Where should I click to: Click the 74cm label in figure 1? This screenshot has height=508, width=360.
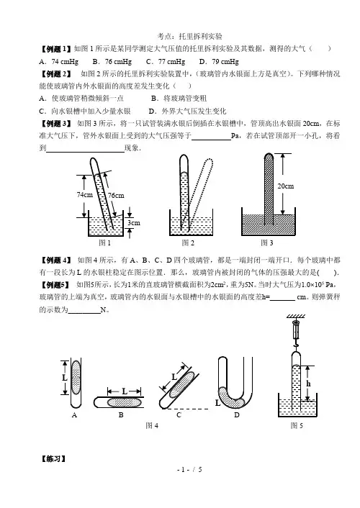pyautogui.click(x=85, y=194)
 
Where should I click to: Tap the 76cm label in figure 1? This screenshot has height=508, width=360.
pyautogui.click(x=116, y=196)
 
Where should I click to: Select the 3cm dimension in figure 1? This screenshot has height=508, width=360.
pyautogui.click(x=134, y=222)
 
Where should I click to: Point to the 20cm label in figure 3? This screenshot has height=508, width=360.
pyautogui.click(x=285, y=186)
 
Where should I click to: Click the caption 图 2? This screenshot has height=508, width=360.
pyautogui.click(x=188, y=242)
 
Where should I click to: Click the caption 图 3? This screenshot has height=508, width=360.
pyautogui.click(x=267, y=242)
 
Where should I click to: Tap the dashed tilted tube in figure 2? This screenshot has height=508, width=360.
pyautogui.click(x=201, y=191)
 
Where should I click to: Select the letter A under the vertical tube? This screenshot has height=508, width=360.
pyautogui.click(x=74, y=415)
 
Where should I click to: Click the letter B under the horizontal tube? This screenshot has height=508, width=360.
pyautogui.click(x=121, y=415)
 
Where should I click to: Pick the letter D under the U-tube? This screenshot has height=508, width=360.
pyautogui.click(x=237, y=415)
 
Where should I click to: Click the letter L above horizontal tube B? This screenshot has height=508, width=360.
pyautogui.click(x=125, y=391)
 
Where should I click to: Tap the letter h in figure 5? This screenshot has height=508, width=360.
pyautogui.click(x=308, y=384)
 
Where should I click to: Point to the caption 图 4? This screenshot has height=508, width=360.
pyautogui.click(x=152, y=425)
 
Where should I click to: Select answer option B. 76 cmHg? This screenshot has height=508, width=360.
pyautogui.click(x=112, y=62)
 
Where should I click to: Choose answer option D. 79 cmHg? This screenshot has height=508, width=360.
pyautogui.click(x=219, y=62)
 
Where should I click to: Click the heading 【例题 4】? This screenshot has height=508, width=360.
pyautogui.click(x=55, y=260)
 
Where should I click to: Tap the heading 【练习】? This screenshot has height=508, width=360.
pyautogui.click(x=53, y=459)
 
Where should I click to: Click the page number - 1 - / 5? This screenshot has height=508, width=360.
pyautogui.click(x=189, y=469)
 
